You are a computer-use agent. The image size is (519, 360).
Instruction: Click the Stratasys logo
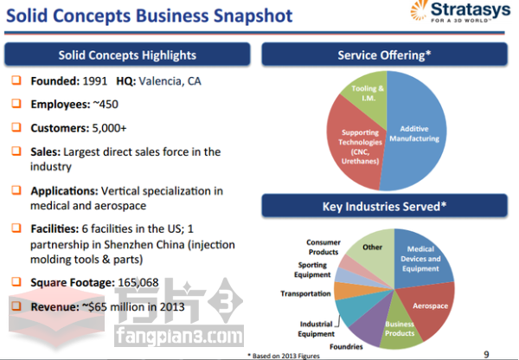click(460, 11)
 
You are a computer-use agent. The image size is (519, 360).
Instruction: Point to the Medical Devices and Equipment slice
click(420, 260)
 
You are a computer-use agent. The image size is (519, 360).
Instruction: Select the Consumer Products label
click(324, 247)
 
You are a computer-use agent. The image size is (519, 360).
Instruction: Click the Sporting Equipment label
click(312, 270)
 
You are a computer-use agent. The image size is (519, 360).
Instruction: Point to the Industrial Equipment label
click(316, 329)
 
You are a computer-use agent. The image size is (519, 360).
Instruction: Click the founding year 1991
click(94, 81)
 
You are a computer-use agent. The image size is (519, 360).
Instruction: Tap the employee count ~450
click(106, 105)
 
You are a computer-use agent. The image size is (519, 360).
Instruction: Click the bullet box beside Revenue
click(16, 305)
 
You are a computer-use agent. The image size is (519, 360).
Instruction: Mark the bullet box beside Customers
click(16, 127)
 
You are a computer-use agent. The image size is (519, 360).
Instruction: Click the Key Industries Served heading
click(384, 206)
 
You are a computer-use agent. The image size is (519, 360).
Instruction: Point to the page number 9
click(486, 355)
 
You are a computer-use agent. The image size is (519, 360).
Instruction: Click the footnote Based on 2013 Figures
click(284, 356)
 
